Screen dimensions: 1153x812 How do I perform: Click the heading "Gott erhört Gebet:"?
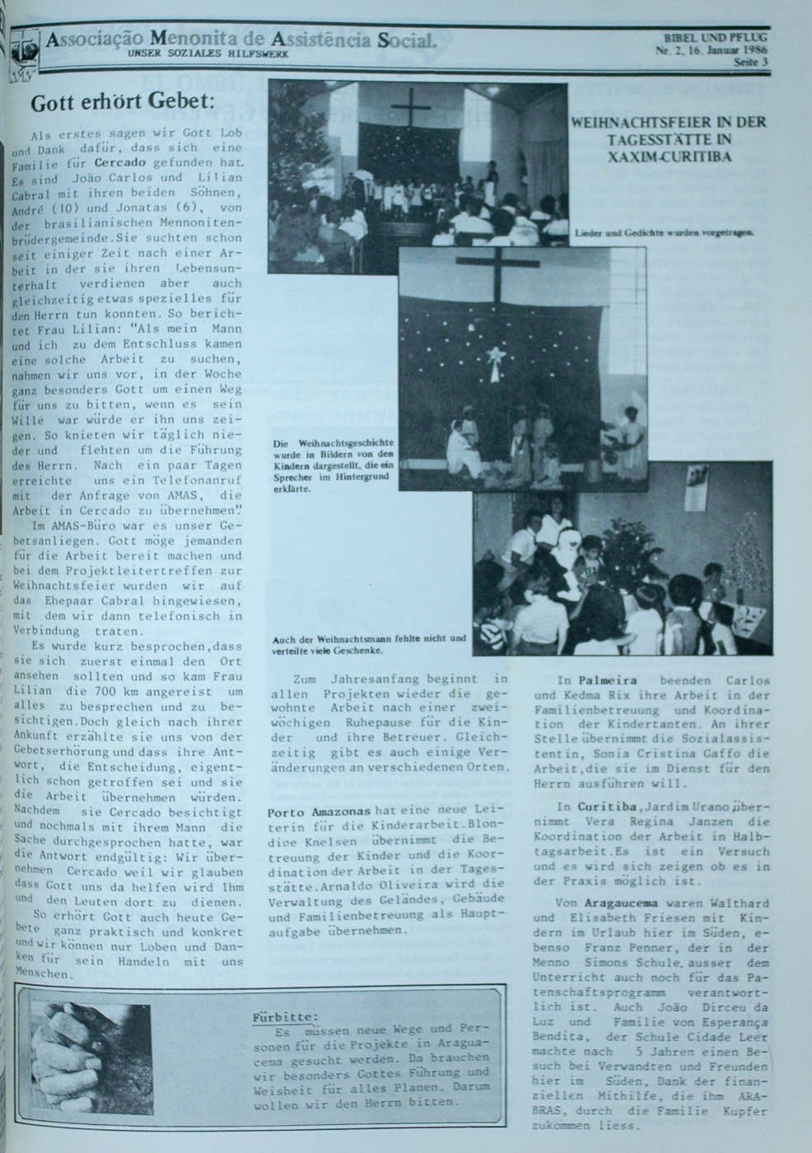122,104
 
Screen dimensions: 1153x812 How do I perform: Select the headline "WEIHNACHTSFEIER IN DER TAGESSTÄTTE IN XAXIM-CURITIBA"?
669,138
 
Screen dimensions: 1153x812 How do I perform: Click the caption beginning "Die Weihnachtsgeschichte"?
335,465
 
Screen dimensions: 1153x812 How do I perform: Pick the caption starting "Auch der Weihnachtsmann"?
369,642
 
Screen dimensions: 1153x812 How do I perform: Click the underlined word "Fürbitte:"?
284,1017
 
